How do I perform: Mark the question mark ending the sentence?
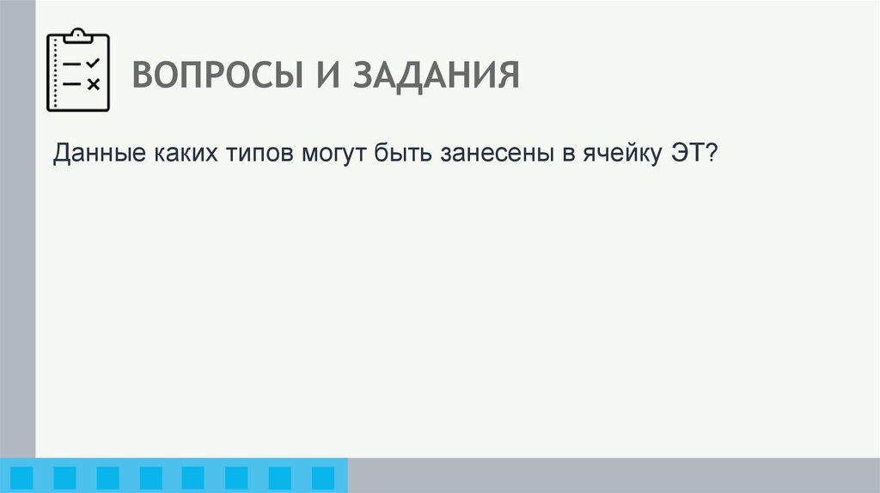coord(712,155)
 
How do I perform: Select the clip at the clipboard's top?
coord(77,35)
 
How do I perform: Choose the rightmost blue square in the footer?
coord(322,478)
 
